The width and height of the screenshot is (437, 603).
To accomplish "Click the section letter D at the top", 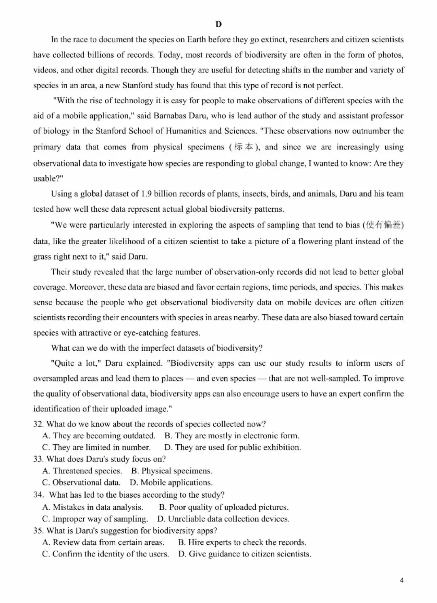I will [x=218, y=24].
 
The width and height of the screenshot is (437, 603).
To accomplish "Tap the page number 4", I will [x=401, y=580].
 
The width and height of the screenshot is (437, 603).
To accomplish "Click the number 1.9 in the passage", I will [x=146, y=194].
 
